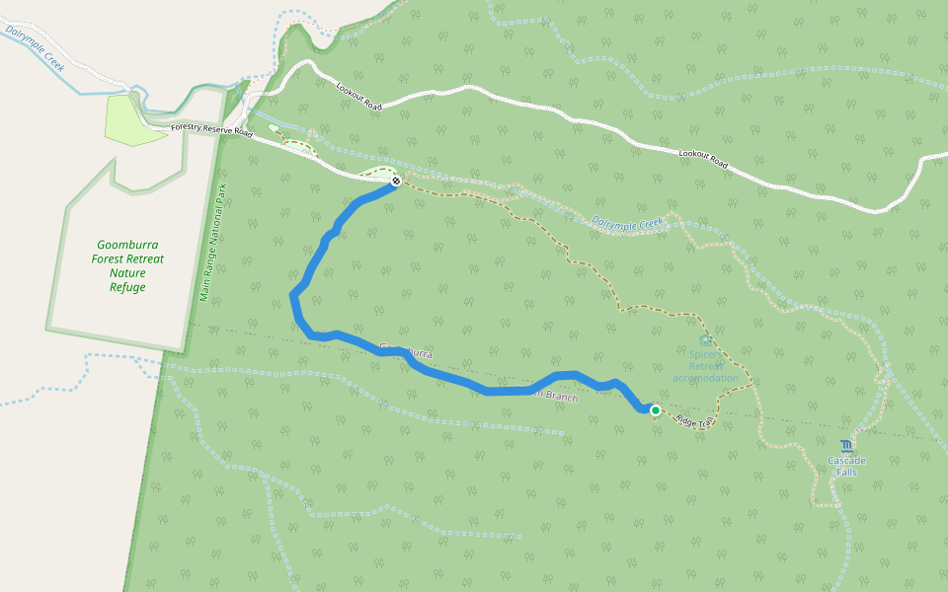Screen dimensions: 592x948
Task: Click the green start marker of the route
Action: (x=655, y=409)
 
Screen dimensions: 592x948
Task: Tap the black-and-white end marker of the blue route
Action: (x=395, y=181)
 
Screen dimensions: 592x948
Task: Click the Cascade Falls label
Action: (x=846, y=466)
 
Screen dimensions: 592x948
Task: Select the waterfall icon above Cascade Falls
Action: (x=845, y=446)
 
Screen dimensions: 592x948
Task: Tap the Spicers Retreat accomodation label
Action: (x=705, y=366)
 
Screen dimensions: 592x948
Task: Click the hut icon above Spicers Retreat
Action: (x=705, y=340)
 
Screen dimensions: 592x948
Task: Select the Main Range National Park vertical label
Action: (x=207, y=243)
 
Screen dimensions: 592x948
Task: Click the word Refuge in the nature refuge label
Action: (x=127, y=287)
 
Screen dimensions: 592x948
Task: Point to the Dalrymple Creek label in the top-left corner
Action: (x=35, y=48)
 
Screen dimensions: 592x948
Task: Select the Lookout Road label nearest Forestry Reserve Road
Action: (x=357, y=96)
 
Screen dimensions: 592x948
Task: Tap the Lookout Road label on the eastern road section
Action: (x=703, y=158)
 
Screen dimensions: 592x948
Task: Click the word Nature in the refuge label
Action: (x=127, y=273)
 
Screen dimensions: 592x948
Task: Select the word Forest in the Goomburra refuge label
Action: (x=110, y=259)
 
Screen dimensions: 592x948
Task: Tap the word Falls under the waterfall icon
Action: (x=846, y=473)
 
